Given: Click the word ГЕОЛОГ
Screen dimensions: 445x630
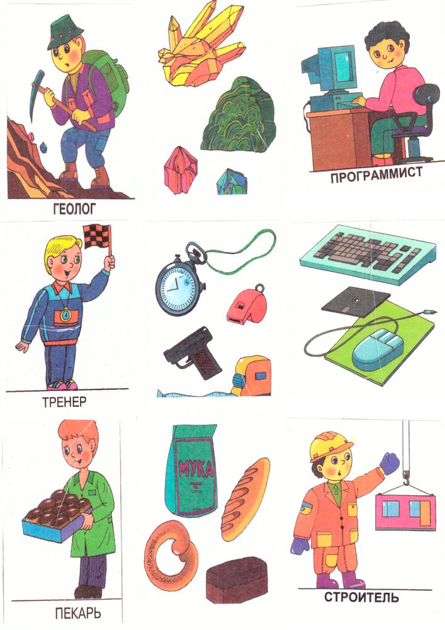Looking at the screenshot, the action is point(75,209).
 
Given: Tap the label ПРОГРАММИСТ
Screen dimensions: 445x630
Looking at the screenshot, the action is point(376,175).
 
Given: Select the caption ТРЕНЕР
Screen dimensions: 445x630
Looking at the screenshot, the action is point(64,402).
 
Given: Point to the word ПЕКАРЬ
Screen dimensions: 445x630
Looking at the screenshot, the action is point(78,614).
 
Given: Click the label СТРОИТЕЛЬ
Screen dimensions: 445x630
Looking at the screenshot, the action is point(361,597).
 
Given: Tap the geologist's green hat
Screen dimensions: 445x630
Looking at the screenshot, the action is point(65,33).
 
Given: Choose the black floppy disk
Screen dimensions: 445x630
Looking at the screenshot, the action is point(356,301).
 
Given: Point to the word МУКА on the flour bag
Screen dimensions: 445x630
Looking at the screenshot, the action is point(196,467).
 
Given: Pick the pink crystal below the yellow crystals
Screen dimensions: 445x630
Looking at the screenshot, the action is point(181,169).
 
